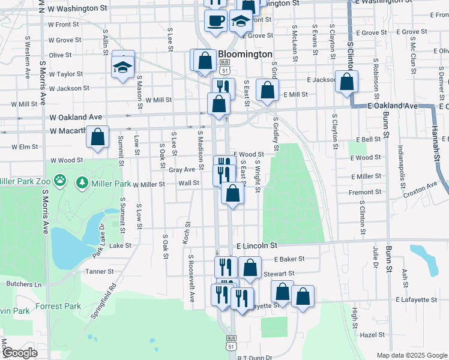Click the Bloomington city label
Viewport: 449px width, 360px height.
[245, 54]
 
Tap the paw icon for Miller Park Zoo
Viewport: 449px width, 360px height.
[60, 180]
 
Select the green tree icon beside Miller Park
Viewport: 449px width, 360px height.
[82, 182]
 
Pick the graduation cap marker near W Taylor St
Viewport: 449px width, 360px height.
[123, 66]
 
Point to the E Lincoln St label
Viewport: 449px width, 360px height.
[257, 246]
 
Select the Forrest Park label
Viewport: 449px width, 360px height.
[61, 306]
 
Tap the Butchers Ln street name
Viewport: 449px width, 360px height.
[24, 284]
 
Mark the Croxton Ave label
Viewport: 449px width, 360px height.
[421, 190]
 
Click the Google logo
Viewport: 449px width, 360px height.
[19, 353]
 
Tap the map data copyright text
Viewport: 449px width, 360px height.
[411, 355]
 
